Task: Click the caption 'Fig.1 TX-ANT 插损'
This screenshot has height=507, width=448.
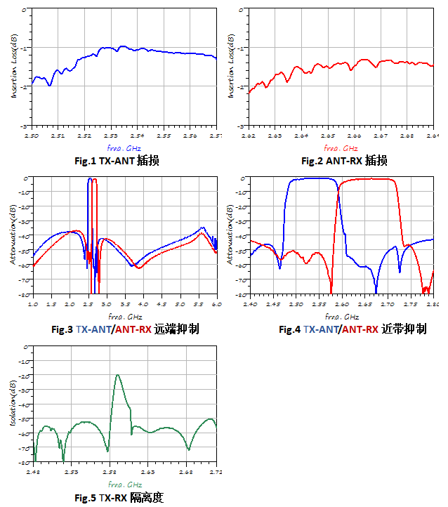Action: pos(116,161)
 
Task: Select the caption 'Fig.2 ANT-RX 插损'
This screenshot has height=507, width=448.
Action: pos(344,161)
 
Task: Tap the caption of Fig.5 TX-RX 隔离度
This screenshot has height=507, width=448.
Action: pos(119,497)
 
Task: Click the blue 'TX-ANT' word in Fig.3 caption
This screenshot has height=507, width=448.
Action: pos(93,329)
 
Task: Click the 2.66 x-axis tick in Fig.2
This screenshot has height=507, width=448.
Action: pos(354,135)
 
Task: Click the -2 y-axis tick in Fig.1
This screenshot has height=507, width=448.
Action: pos(23,86)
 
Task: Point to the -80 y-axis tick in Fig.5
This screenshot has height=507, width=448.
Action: pos(22,462)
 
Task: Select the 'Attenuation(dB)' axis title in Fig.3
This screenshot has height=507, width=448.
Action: pos(13,236)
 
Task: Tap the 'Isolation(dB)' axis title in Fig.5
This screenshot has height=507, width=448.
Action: pos(13,404)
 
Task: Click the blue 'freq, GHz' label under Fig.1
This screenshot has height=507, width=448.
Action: pos(124,148)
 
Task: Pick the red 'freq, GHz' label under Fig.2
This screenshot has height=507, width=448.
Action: pos(341,148)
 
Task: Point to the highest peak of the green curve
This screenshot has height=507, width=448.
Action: pos(117,375)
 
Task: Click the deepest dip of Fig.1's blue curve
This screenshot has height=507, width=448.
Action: pos(49,85)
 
